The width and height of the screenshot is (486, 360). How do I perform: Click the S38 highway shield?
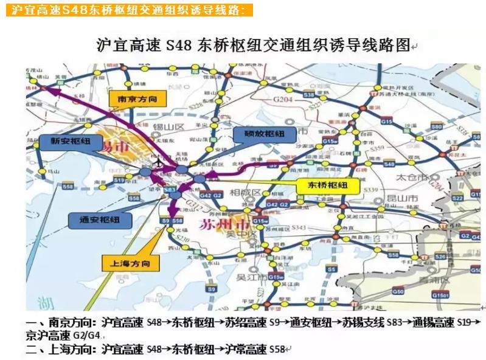(x=308, y=95)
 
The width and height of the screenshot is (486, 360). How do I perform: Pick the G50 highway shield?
(x=398, y=292)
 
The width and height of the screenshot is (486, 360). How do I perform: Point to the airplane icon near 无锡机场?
(x=159, y=162)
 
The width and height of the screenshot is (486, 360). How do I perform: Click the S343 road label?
(x=297, y=227)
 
